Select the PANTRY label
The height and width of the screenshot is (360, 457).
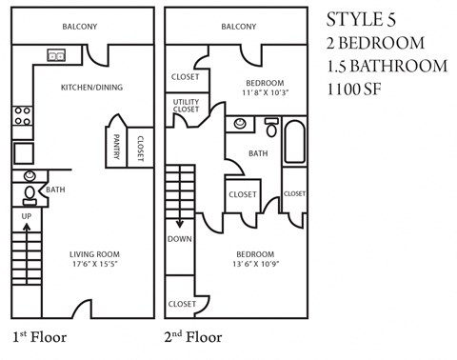tap(116, 145)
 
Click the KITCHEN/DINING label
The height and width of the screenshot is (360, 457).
tap(91, 88)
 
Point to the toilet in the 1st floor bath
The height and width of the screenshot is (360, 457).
tap(30, 193)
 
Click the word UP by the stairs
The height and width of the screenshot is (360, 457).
tap(28, 216)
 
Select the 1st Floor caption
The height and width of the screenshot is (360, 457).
tap(40, 336)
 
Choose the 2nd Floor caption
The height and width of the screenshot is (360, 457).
tap(193, 336)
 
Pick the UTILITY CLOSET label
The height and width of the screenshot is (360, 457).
tap(187, 105)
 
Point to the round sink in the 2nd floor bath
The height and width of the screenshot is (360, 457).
tap(239, 124)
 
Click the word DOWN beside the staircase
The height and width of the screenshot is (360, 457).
tap(179, 240)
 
